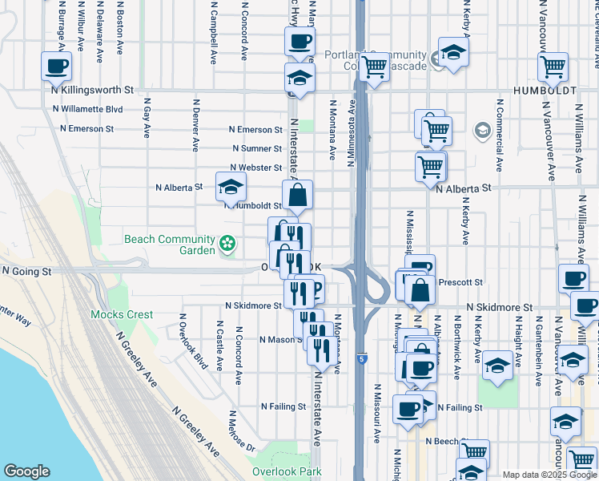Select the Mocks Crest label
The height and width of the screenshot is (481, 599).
click(x=122, y=314)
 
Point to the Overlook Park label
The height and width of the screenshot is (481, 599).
click(x=287, y=471)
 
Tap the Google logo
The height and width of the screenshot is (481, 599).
click(x=26, y=471)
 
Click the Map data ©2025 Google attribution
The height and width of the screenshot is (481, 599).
click(x=549, y=475)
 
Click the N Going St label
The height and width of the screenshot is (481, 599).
click(x=26, y=272)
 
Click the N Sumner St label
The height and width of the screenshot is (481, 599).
click(x=257, y=148)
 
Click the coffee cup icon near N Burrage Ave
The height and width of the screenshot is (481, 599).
click(x=56, y=67)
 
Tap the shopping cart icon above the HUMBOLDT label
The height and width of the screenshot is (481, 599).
click(x=553, y=68)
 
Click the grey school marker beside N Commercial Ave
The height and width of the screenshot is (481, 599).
click(x=482, y=129)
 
